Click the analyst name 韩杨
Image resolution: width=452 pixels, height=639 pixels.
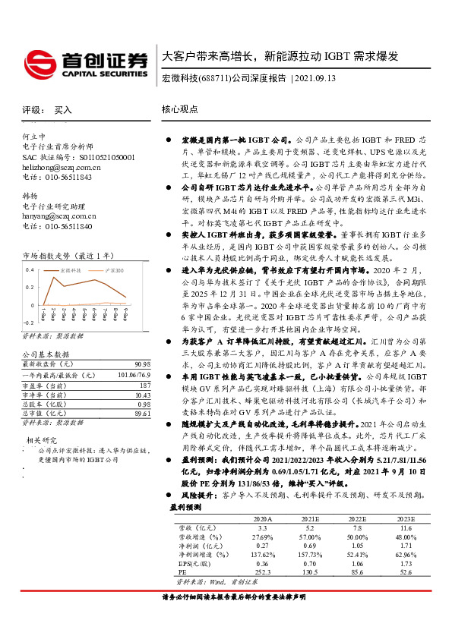pos(30,196)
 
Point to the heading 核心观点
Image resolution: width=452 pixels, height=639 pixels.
pos(179,110)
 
